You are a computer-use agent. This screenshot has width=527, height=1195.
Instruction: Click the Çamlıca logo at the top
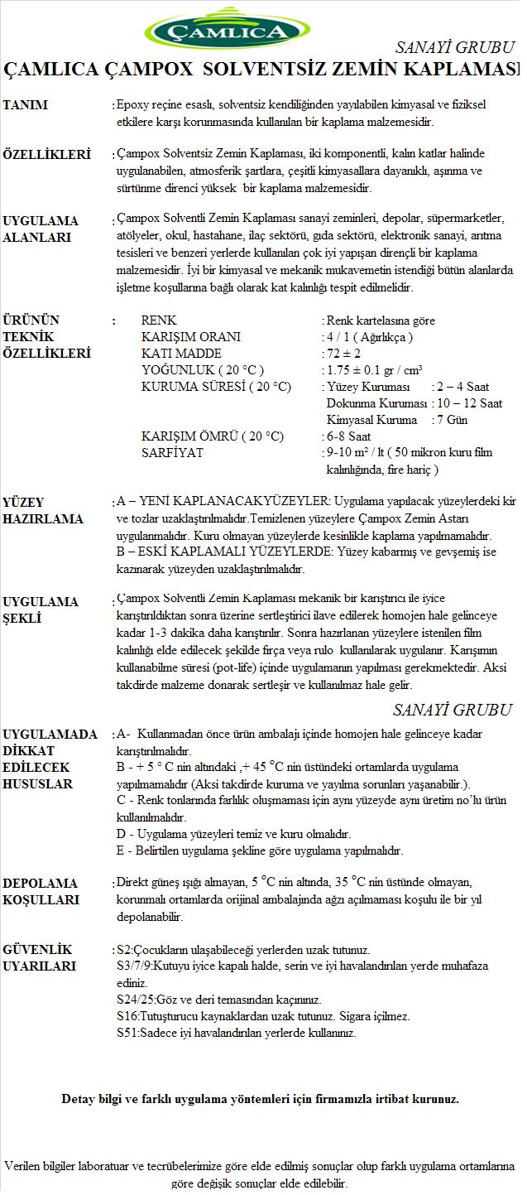click(x=228, y=30)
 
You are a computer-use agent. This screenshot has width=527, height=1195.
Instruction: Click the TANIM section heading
click(x=26, y=105)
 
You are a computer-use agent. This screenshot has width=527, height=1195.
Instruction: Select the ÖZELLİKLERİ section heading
click(x=46, y=155)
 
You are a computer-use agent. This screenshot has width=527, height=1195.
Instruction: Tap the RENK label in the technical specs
click(x=159, y=320)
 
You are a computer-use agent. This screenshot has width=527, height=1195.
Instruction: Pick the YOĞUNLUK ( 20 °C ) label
click(x=203, y=370)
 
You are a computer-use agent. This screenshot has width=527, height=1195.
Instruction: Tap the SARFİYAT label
click(x=172, y=453)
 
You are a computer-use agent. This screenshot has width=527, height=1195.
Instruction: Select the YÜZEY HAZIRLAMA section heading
click(x=43, y=511)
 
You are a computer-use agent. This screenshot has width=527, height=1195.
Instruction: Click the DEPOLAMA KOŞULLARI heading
click(x=41, y=891)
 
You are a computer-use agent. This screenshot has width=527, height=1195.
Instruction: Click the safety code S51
click(x=127, y=1033)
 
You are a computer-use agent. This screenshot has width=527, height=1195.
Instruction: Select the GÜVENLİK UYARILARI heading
click(x=39, y=957)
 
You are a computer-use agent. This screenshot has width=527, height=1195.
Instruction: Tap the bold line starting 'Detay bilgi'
click(x=260, y=1099)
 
